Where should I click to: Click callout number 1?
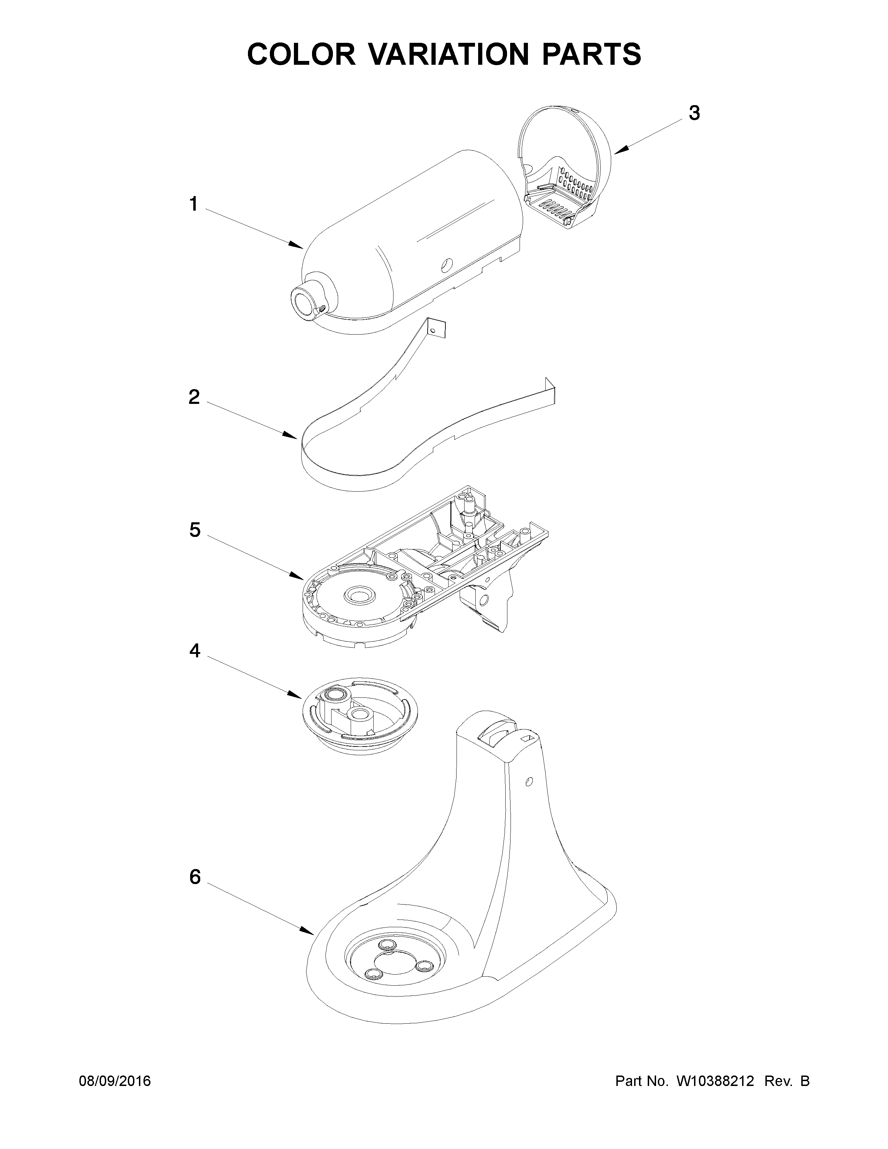pyautogui.click(x=194, y=204)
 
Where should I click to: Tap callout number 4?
pyautogui.click(x=195, y=651)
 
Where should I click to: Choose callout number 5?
pyautogui.click(x=195, y=530)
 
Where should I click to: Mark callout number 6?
pyautogui.click(x=195, y=877)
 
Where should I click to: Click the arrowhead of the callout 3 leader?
pyautogui.click(x=616, y=153)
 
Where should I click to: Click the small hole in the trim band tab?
pyautogui.click(x=433, y=330)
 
